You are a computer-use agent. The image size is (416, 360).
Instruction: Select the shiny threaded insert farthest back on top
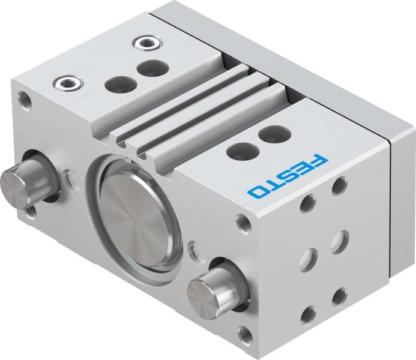144,43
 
